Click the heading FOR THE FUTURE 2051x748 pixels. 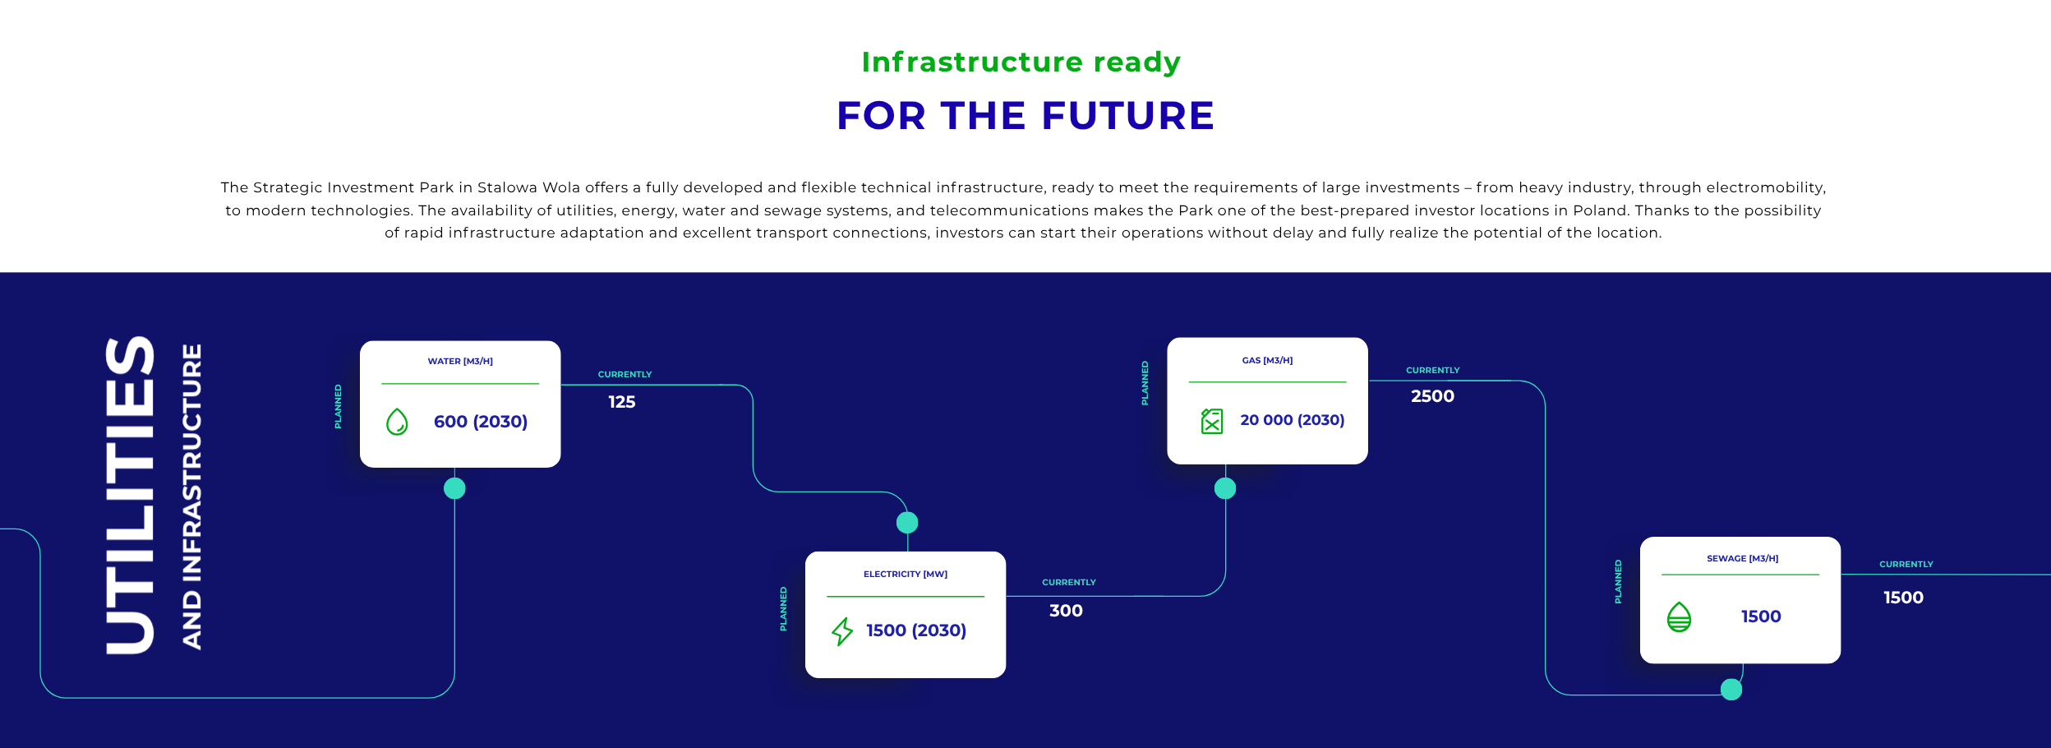coord(1025,115)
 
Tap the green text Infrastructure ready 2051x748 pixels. coord(1021,62)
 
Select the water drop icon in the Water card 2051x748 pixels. coord(397,422)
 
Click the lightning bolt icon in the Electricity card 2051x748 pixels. coord(842,631)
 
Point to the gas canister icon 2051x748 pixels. coord(1212,421)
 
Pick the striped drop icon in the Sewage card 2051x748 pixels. coord(1679,616)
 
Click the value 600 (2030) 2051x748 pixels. coord(481,422)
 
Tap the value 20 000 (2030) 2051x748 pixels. coord(1292,420)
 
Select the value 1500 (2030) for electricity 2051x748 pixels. coord(916,630)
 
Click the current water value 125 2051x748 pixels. coord(622,402)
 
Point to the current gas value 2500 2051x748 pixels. coord(1432,396)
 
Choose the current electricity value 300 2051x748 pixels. coord(1066,611)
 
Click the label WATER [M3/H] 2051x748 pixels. coord(460,361)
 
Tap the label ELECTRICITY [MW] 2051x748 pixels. coord(906,574)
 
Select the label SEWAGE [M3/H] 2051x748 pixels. coord(1742,558)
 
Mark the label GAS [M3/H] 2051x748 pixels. coord(1267,360)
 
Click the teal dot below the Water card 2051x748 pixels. coord(454,488)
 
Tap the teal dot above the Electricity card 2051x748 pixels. coord(907,522)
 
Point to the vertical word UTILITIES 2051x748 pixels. coord(130,495)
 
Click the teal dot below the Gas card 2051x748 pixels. coord(1225,488)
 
